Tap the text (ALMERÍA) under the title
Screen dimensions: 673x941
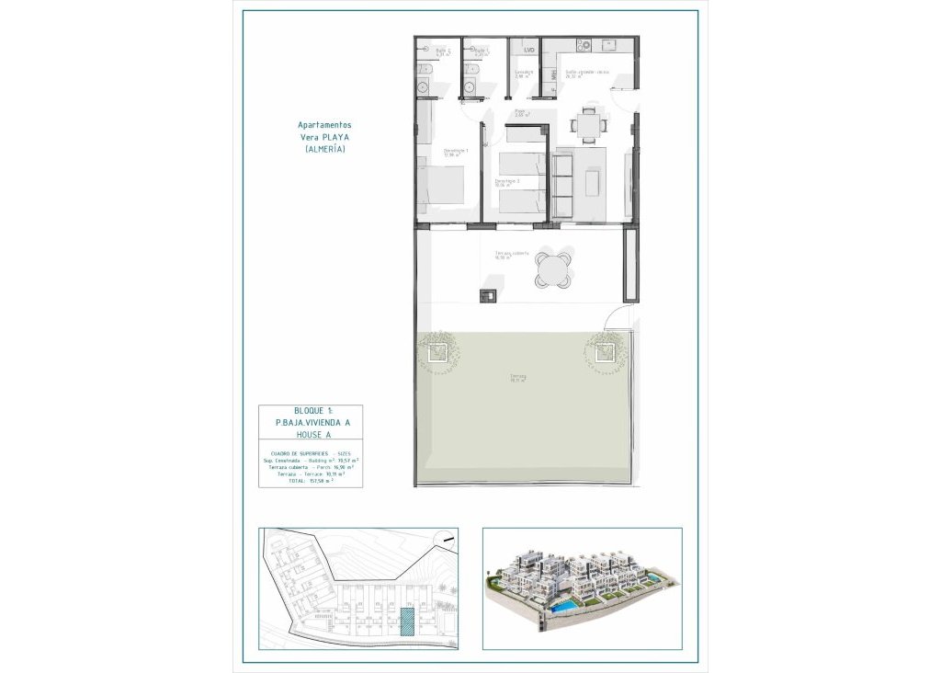click(x=324, y=149)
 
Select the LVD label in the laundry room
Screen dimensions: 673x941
click(x=528, y=51)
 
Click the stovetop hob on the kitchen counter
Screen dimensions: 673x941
click(x=582, y=44)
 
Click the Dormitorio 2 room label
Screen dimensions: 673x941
click(x=507, y=183)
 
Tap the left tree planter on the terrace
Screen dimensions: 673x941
click(x=436, y=351)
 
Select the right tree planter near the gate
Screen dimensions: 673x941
click(x=605, y=351)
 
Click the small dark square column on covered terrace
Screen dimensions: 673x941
click(x=487, y=295)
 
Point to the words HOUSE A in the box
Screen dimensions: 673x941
click(x=311, y=434)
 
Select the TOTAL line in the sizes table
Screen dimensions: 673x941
click(x=311, y=480)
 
